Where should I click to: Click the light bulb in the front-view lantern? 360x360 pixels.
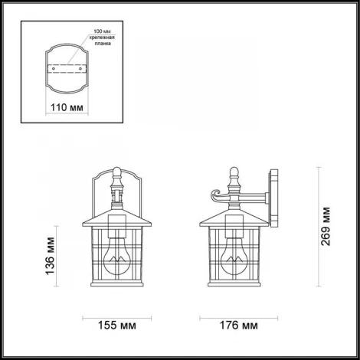tap(115, 253)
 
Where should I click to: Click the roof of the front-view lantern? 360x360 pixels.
tap(115, 218)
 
